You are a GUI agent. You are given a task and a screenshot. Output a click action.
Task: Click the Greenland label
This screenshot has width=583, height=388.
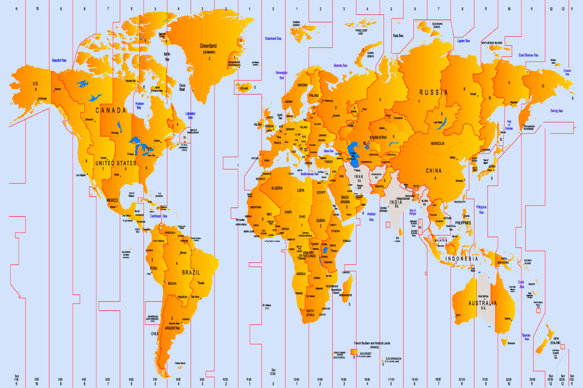point(208,46)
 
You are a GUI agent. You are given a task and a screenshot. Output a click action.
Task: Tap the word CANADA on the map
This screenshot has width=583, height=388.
point(111,110)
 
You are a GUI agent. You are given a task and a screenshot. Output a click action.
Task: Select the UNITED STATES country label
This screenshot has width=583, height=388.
point(116,163)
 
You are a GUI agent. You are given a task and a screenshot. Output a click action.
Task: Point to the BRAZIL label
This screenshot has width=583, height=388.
point(191,272)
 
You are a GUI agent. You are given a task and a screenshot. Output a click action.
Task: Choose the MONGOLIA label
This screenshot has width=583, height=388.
point(437,143)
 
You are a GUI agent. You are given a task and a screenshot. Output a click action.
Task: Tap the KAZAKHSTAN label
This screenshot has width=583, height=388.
point(378,138)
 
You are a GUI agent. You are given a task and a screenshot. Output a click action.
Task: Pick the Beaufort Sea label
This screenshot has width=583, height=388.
point(59,60)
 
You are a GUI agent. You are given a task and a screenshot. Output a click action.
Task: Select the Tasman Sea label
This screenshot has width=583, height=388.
point(526,337)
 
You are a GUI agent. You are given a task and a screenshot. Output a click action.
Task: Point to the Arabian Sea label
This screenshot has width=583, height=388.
point(371,216)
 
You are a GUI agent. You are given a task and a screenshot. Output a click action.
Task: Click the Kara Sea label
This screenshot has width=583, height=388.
point(398,35)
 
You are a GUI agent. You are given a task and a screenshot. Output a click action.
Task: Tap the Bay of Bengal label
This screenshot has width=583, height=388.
point(412,212)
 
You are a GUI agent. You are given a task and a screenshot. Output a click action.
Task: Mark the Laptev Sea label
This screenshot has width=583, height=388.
point(464,40)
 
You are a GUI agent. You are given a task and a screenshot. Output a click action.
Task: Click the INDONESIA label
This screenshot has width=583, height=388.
point(461,259)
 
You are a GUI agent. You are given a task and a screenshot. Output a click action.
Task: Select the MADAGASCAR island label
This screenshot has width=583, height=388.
point(345,295)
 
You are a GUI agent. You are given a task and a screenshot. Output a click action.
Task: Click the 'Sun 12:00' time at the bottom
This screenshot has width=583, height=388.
point(273,372)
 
